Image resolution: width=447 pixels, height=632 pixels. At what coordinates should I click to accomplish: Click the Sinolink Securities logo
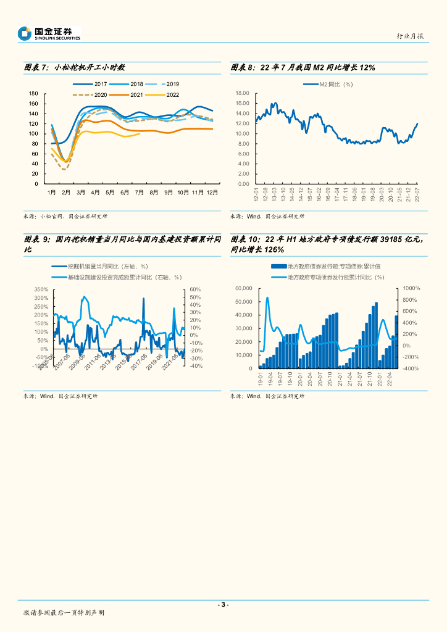[x=49, y=33]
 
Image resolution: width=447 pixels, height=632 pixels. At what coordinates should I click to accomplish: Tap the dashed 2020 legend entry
[x=91, y=94]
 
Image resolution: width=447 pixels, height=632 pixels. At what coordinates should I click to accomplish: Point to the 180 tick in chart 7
[x=33, y=93]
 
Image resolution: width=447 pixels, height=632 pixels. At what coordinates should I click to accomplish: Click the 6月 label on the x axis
[x=123, y=193]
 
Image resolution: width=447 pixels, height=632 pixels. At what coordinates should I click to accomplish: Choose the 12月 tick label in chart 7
[x=212, y=193]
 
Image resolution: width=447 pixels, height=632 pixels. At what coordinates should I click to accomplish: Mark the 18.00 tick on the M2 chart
[x=242, y=93]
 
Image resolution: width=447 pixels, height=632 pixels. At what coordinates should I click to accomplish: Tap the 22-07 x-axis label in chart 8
[x=418, y=195]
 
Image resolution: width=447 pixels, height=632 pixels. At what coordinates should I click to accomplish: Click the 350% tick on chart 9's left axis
[x=40, y=289]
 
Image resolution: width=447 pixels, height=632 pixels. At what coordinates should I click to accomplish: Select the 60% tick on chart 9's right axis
[x=195, y=289]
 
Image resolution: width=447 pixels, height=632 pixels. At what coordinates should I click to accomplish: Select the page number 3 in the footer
[x=223, y=604]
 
